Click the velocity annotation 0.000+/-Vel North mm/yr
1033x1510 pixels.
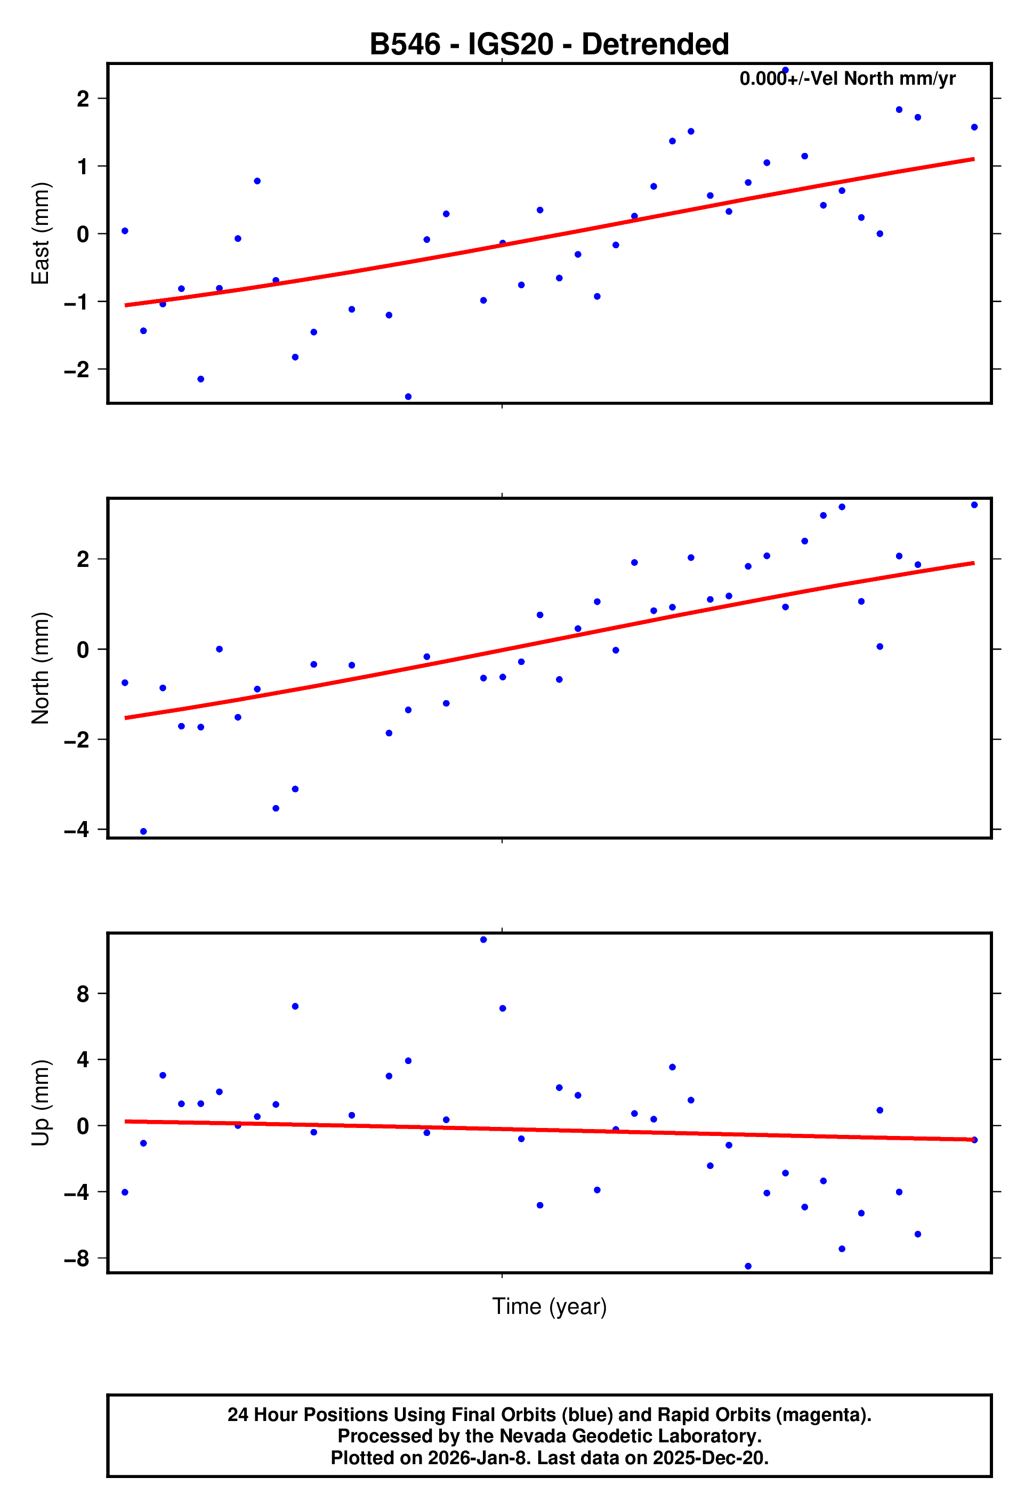coord(847,79)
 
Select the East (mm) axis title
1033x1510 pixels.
coord(41,233)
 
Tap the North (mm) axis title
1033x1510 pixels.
coord(41,668)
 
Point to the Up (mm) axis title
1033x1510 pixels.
coord(41,1102)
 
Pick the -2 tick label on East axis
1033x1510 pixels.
coord(77,370)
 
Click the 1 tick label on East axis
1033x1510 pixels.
coord(83,167)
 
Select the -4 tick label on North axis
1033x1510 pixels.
coord(77,830)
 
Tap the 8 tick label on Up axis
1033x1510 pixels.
coord(83,994)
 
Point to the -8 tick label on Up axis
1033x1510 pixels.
coord(77,1259)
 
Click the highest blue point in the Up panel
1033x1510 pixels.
coord(483,939)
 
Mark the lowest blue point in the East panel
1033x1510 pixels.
coord(408,396)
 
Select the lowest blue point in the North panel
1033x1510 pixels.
coord(144,832)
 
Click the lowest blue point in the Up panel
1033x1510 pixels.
coord(748,1267)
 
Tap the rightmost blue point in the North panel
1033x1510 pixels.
coord(974,505)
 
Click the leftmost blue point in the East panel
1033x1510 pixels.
coord(125,231)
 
